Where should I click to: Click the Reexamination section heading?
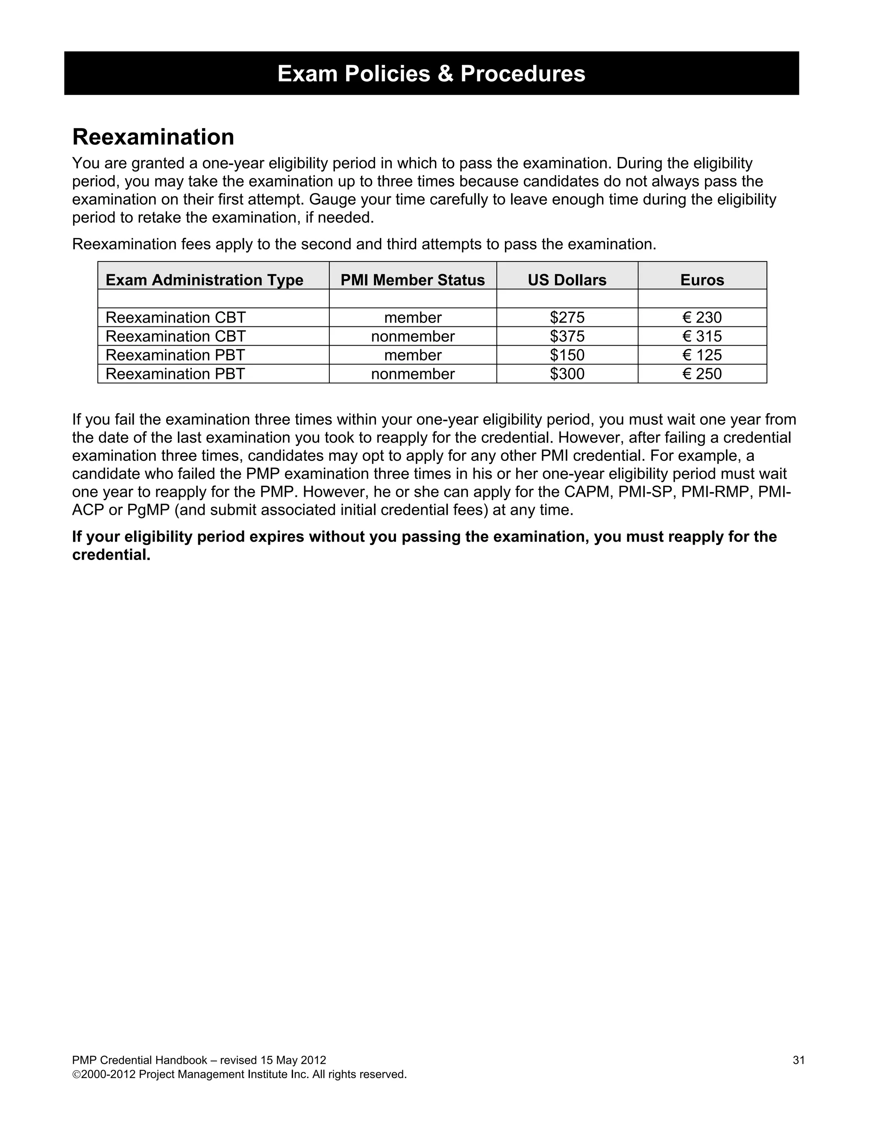(x=153, y=138)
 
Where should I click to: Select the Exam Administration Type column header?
(x=204, y=280)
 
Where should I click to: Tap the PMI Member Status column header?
(x=413, y=280)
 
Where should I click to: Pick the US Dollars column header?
(x=567, y=280)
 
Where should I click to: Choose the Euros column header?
(x=702, y=280)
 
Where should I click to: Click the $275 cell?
(x=567, y=317)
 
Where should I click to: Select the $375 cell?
(x=567, y=336)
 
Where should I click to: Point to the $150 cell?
(x=567, y=355)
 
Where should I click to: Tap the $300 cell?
(x=567, y=374)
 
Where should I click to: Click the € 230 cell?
(x=702, y=317)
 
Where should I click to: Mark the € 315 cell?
(x=702, y=336)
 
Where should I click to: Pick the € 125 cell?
(x=702, y=355)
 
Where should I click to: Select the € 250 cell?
(x=702, y=374)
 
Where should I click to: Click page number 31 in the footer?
(x=798, y=1060)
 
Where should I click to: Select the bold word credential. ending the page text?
(x=111, y=555)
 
